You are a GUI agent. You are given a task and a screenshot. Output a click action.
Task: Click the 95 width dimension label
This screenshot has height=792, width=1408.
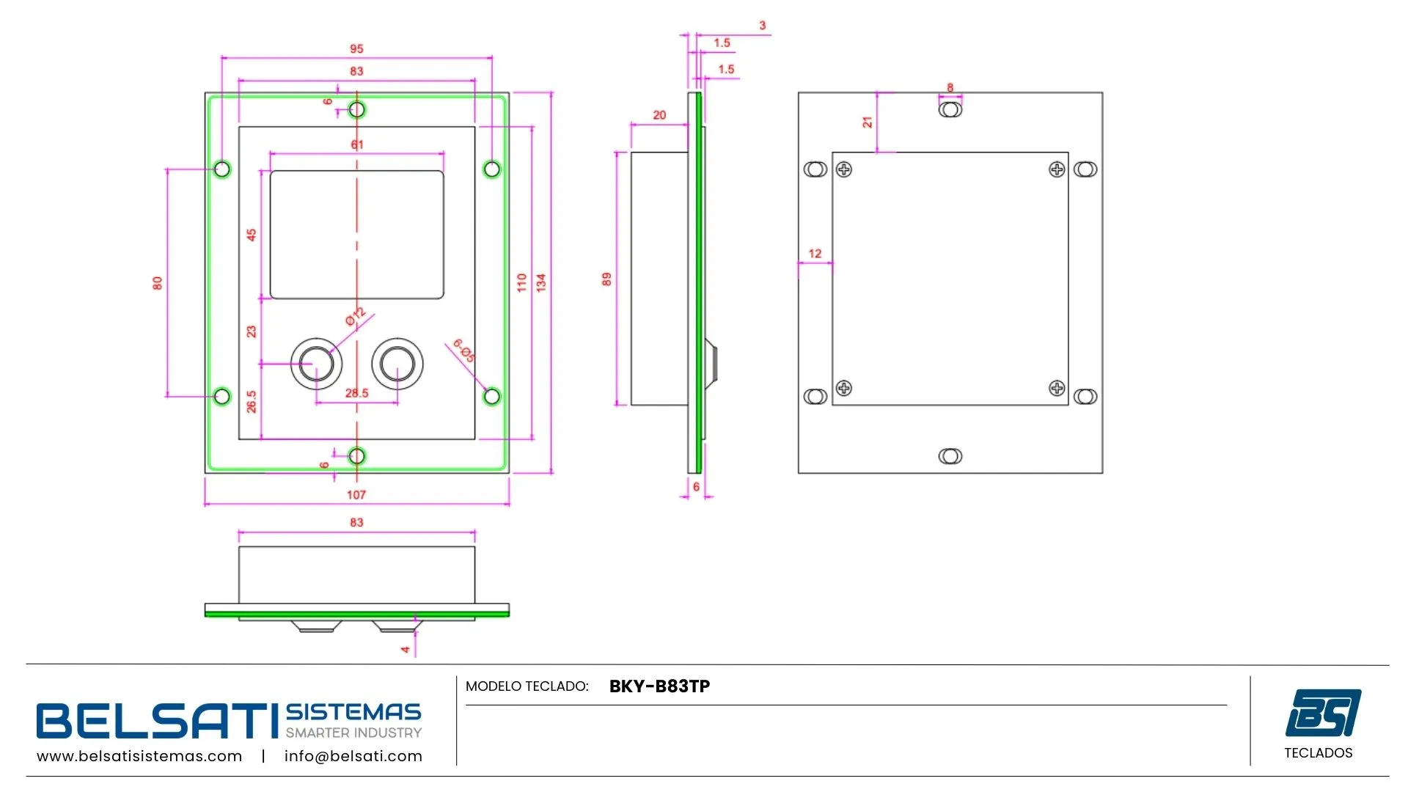tap(356, 48)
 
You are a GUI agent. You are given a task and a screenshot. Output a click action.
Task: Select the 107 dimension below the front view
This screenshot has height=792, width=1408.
tap(356, 495)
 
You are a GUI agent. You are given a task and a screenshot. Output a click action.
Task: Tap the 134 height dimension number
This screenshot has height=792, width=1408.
tap(541, 282)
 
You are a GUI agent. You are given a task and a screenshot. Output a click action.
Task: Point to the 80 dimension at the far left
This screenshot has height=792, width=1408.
tap(157, 282)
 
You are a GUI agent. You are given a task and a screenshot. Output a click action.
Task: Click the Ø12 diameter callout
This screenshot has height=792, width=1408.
tap(356, 317)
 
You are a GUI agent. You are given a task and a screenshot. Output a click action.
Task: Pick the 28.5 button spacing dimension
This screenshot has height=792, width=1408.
tap(356, 393)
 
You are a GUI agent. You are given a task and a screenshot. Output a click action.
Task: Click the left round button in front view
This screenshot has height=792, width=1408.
tap(317, 363)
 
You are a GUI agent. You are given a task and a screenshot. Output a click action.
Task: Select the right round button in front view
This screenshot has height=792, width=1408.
tap(397, 363)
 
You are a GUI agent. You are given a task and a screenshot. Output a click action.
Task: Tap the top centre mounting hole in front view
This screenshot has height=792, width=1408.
tap(357, 110)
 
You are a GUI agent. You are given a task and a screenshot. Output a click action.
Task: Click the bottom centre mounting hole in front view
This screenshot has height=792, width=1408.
tap(357, 456)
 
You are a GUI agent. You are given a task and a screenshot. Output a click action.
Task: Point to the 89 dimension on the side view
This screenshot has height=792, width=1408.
tap(606, 279)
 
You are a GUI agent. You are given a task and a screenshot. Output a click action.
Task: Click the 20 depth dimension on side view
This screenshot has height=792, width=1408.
tap(659, 115)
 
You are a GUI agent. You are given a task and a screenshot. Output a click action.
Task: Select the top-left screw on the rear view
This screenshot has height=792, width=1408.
tap(844, 169)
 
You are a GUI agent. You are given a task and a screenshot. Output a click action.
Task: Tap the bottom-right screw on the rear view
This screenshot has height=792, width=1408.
tap(1057, 388)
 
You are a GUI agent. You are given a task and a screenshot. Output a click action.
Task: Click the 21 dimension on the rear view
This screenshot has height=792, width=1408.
tap(868, 122)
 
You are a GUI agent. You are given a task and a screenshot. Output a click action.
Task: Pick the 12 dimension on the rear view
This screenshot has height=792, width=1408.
tap(815, 254)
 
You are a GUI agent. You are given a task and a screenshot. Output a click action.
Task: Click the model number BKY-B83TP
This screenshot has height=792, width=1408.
tap(659, 686)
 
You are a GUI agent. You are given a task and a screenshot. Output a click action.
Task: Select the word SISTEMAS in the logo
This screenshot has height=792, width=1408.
tap(353, 712)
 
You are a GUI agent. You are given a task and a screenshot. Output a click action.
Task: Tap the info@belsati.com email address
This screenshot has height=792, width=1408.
tap(353, 756)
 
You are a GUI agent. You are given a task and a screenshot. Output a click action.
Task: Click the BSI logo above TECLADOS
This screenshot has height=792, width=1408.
tap(1323, 712)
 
